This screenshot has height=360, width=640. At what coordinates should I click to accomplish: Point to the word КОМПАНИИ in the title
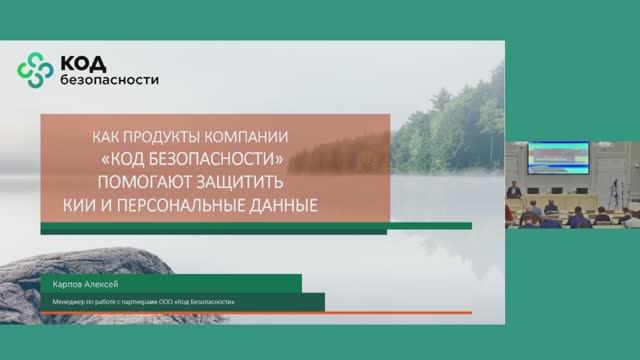[252, 137]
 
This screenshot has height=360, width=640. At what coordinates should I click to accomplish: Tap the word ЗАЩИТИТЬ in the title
[250, 183]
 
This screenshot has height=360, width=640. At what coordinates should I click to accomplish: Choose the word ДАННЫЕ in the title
[282, 206]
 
